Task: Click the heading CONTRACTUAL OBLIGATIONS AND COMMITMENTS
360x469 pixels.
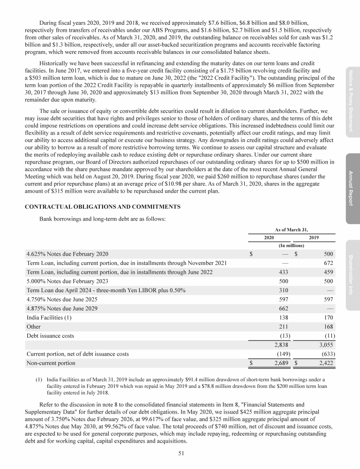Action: (104, 207)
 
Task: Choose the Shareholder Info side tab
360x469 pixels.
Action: (353, 274)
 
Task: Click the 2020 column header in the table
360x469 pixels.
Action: (269, 238)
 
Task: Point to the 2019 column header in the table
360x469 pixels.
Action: (313, 238)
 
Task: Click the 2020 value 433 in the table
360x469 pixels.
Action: (283, 272)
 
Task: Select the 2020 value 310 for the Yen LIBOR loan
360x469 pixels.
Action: (283, 290)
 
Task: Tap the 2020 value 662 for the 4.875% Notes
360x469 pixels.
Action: (283, 309)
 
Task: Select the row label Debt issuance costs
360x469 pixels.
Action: (50, 336)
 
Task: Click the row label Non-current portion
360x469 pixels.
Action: (51, 363)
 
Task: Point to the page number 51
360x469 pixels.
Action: (180, 453)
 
